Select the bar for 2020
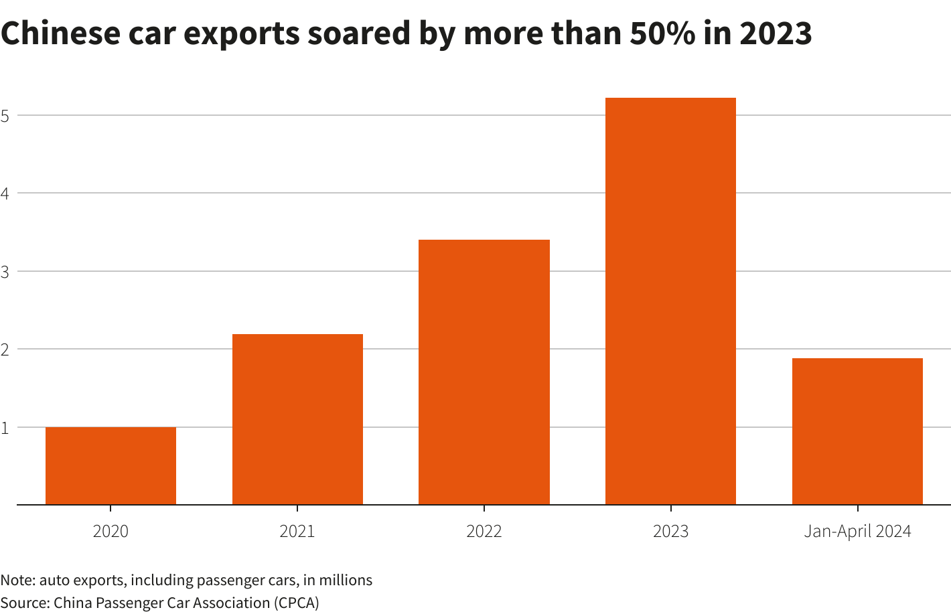111,465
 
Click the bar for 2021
297,419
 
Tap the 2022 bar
484,372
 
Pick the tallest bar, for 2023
670,301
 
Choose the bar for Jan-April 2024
857,431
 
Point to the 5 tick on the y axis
5,116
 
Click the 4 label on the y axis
5,194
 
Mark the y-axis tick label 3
5,272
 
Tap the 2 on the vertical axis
5,350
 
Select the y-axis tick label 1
5,428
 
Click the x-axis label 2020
111,532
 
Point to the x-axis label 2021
297,532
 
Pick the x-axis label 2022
484,532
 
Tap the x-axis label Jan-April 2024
857,532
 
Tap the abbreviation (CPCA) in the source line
296,603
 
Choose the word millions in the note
346,580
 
